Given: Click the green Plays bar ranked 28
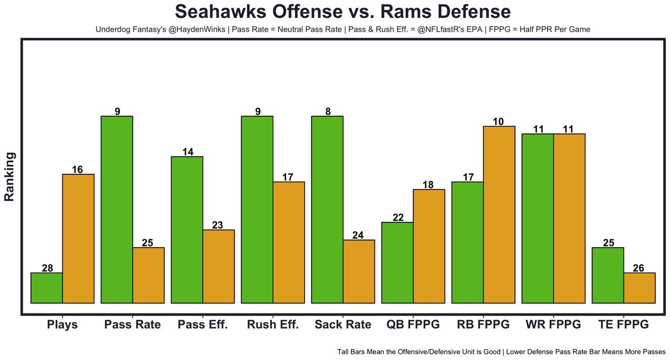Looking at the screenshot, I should coord(47,288).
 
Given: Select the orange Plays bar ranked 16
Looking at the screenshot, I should coord(79,239).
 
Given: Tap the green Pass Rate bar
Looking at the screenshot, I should coord(117,209).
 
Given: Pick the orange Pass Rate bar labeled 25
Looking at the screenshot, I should coord(149,275).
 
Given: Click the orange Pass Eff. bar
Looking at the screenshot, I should coord(219,266).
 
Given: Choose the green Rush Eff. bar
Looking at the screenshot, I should coord(257,209).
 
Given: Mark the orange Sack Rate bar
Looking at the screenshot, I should coord(359,272).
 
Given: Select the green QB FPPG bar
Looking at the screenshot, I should coord(397,263).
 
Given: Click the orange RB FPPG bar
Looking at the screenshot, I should coord(499,215).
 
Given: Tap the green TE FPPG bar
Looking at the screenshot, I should coord(608,275).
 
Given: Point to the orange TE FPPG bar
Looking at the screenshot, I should coord(640,288).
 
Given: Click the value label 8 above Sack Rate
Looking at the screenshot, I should coord(327,111).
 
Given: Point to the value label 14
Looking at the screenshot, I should coord(187,152).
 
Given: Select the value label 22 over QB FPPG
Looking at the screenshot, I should coord(398,217).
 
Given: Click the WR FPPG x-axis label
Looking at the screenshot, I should coord(553,324).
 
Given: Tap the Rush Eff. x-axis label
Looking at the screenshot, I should coord(273,324).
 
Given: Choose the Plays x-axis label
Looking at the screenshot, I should coord(62,324).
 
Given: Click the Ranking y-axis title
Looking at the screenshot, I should coord(9,176).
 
